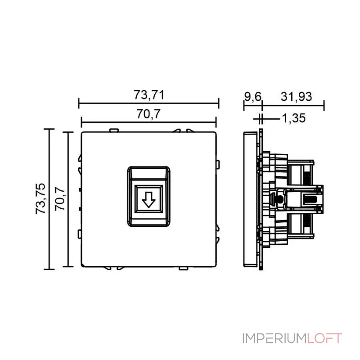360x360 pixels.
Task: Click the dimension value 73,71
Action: click(x=148, y=95)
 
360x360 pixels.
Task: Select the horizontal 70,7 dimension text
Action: click(x=148, y=115)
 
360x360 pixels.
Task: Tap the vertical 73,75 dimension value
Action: click(x=41, y=198)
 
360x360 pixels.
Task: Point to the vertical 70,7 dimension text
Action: click(x=60, y=198)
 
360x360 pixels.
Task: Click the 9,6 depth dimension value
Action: click(x=252, y=96)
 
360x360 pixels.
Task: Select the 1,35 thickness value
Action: click(x=293, y=118)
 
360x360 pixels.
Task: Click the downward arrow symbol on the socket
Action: click(x=148, y=199)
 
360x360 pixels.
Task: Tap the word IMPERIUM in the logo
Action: click(x=274, y=338)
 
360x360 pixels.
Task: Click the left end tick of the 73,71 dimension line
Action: click(x=79, y=104)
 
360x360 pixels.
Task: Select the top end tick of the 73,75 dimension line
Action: click(x=49, y=129)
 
